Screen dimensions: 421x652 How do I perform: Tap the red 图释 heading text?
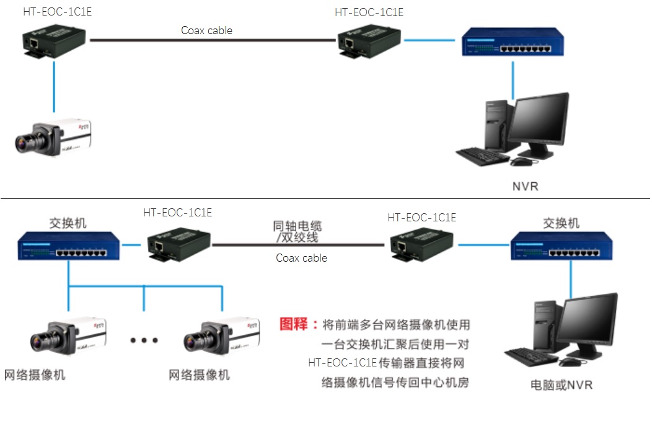(299, 324)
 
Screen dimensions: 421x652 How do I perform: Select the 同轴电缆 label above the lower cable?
(298, 226)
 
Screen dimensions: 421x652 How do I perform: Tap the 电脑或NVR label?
(562, 385)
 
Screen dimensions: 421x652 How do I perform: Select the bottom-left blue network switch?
(69, 245)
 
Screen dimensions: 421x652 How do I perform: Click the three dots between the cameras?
(144, 340)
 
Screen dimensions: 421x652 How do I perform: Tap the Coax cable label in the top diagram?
(206, 30)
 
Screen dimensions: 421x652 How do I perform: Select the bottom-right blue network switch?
(563, 246)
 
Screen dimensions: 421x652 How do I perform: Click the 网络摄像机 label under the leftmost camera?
(35, 375)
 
